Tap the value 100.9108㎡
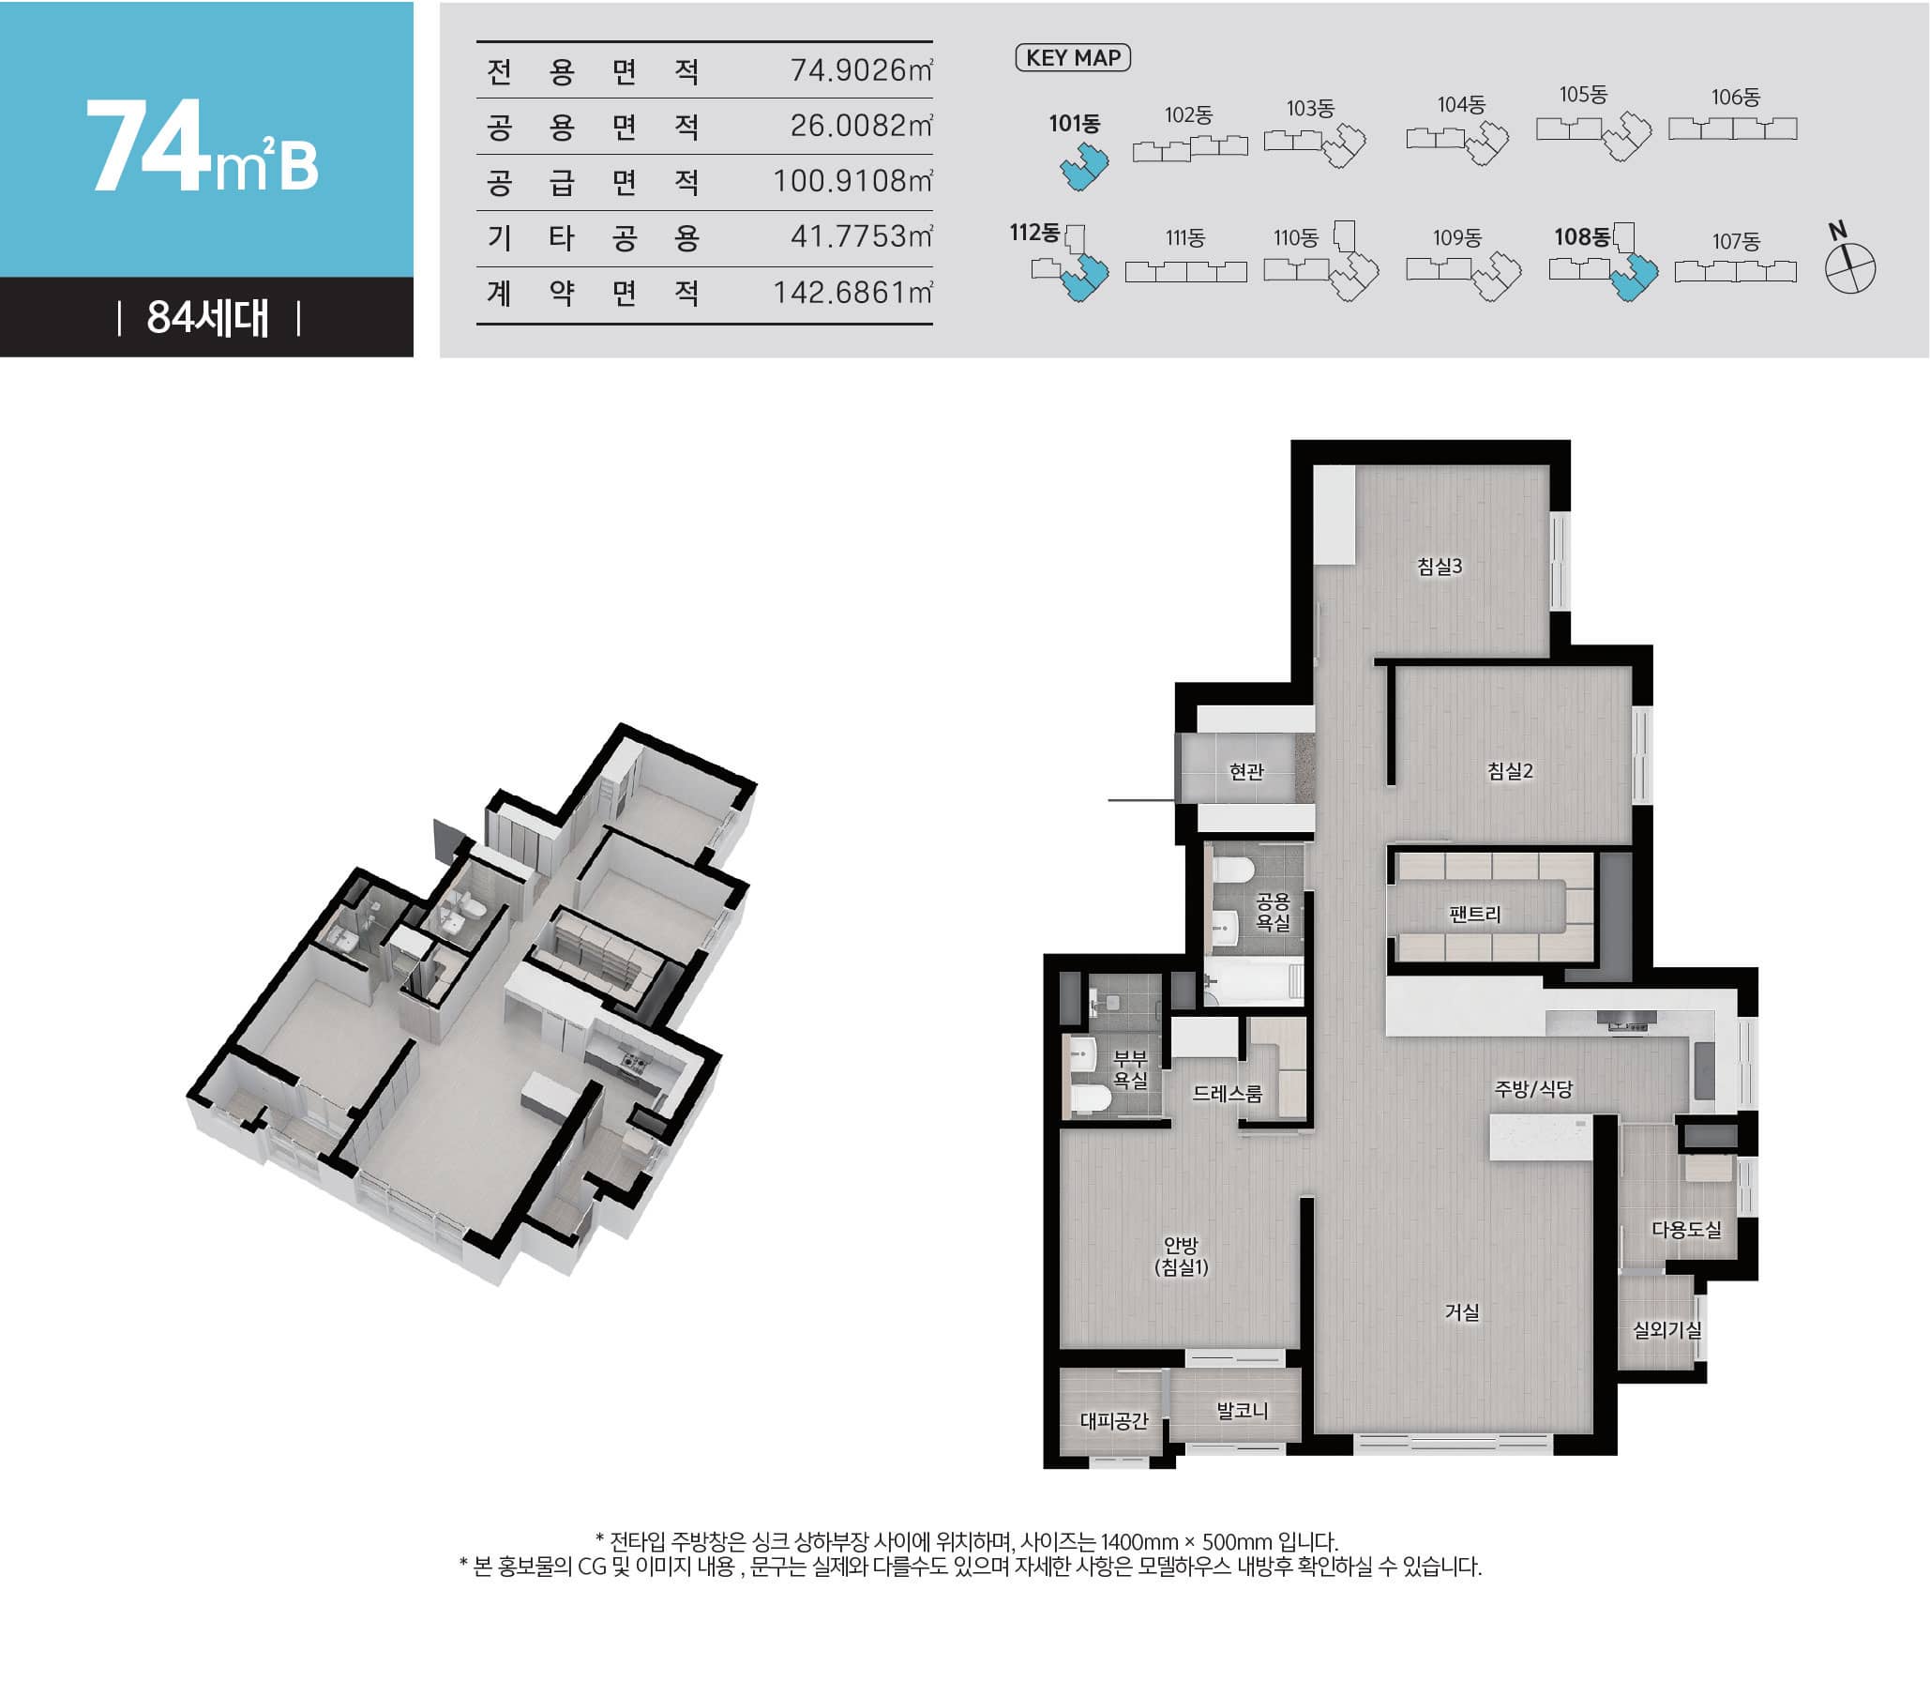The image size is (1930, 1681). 852,181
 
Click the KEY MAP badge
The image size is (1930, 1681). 1073,58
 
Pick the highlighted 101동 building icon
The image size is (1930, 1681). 1084,167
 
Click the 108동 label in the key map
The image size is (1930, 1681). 1581,237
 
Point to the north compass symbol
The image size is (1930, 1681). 1849,267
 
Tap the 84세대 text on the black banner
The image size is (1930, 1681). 207,319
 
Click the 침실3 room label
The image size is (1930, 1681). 1439,567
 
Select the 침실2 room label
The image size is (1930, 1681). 1510,771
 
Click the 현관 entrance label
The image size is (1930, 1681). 1246,771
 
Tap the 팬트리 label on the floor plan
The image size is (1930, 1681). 1474,914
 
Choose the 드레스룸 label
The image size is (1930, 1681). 1227,1093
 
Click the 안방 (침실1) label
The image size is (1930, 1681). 1181,1257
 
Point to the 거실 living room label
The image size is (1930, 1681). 1462,1312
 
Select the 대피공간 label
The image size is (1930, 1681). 1113,1420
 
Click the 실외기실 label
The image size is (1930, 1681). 1666,1329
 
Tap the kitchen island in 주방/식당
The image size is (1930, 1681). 1540,1138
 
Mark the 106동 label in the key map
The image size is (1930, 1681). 1735,98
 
